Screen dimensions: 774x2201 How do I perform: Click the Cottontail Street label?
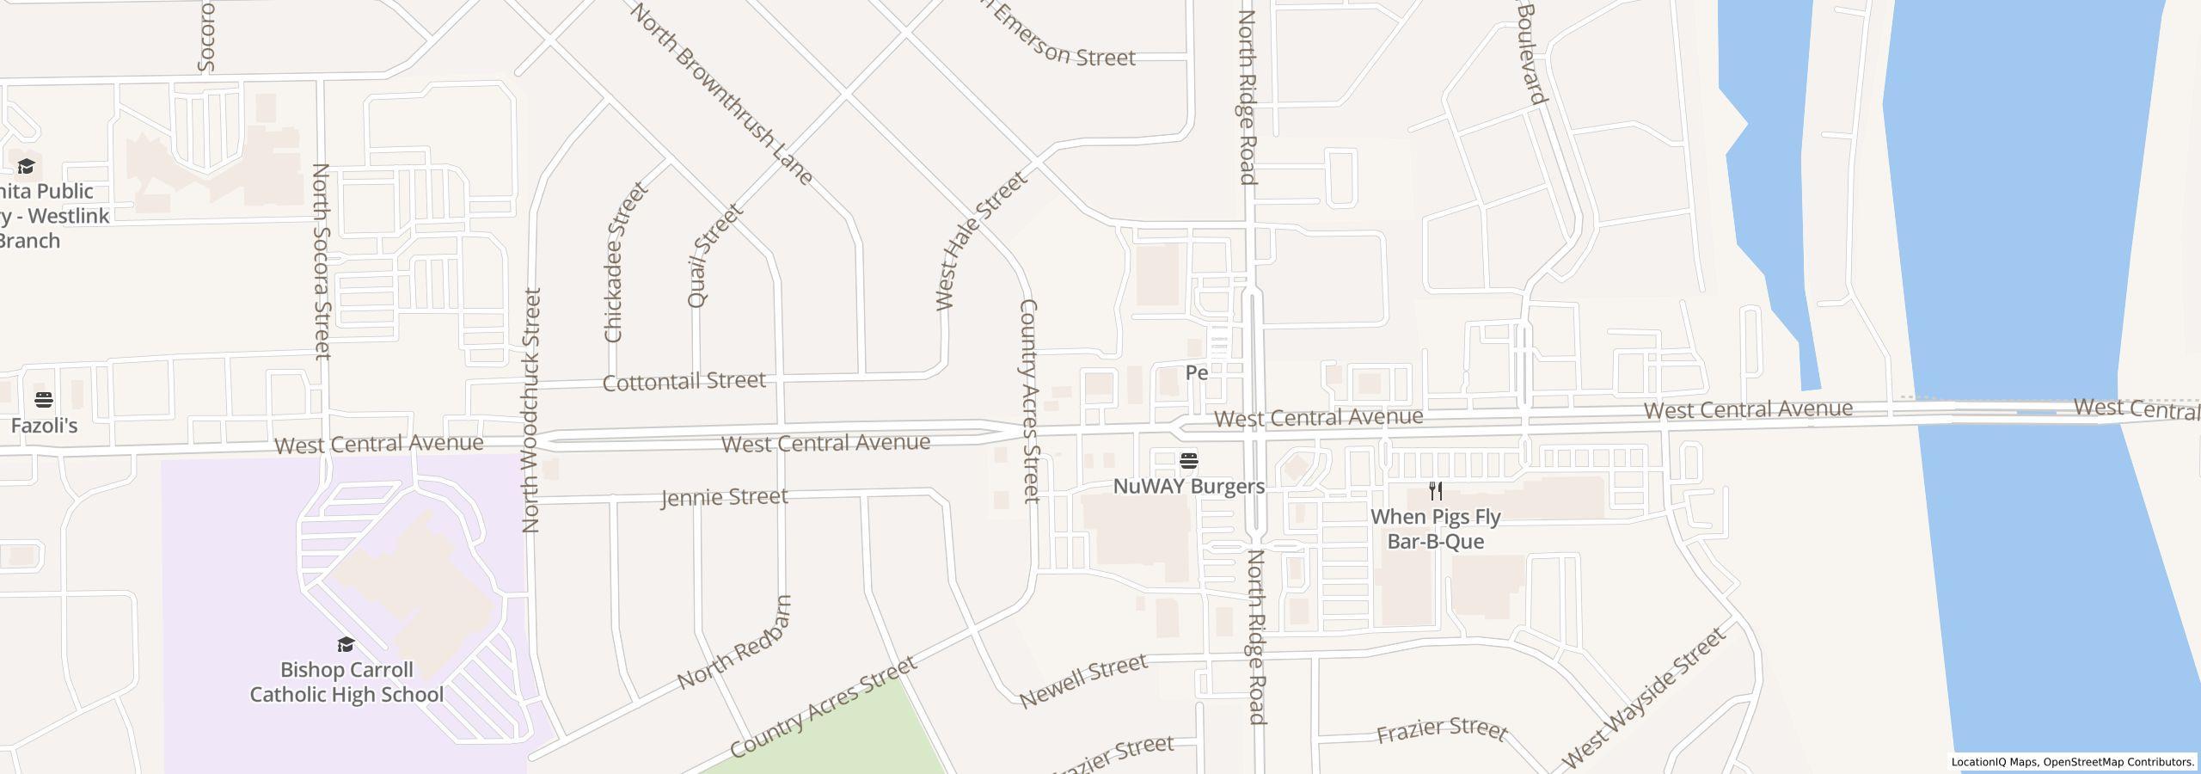(684, 381)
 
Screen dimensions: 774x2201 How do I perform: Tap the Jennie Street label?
(724, 497)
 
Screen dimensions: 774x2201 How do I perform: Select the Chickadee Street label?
(625, 262)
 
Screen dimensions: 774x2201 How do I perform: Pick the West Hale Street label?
(980, 240)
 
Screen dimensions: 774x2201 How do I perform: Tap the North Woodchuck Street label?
(532, 410)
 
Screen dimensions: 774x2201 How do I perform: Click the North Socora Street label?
(321, 261)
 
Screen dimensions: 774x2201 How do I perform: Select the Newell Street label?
(1083, 679)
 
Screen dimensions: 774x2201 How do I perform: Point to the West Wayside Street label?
(1642, 697)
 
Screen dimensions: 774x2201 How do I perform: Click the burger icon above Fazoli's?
(44, 400)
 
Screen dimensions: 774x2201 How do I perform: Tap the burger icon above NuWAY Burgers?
(1189, 461)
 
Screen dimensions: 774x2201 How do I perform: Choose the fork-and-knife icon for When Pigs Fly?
(1435, 491)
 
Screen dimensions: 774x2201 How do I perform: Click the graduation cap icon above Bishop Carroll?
(346, 645)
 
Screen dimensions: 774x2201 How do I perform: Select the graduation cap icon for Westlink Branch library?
(27, 167)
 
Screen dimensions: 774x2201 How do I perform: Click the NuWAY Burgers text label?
(1189, 487)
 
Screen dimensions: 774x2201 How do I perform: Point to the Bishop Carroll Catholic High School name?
(346, 682)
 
